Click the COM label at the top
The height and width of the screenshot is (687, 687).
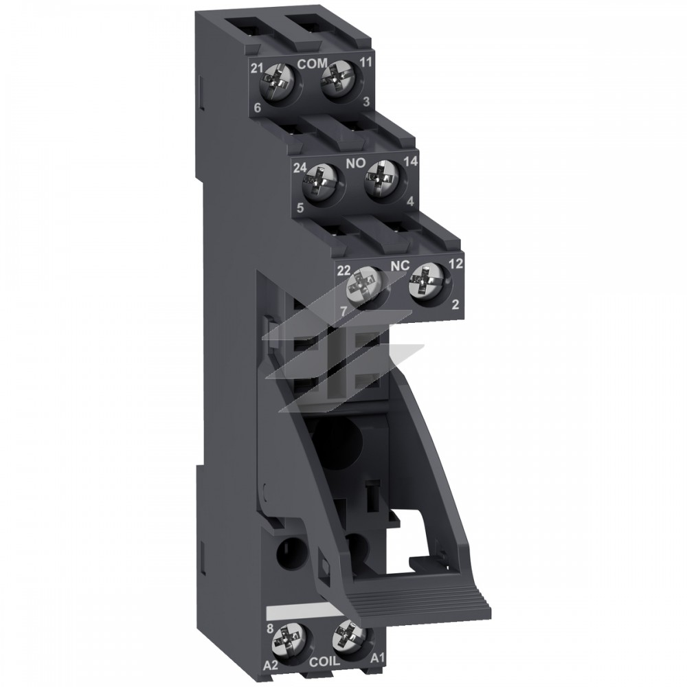[x=312, y=63]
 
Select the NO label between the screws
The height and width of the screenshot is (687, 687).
[x=356, y=164]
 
